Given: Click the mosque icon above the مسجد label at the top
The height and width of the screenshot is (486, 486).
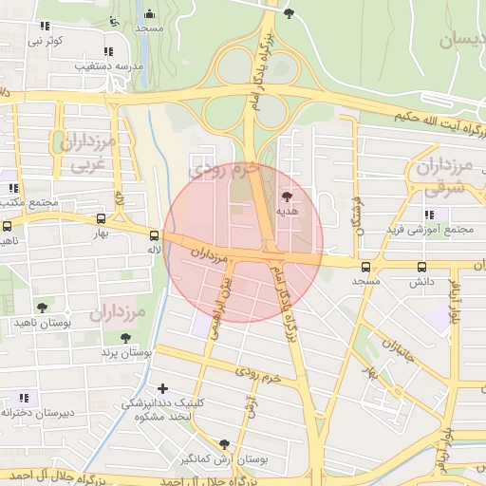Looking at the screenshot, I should point(149,14).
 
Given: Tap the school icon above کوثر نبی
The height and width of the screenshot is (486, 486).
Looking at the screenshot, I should point(45,27).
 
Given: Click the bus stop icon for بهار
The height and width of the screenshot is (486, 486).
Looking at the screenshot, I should point(101,217).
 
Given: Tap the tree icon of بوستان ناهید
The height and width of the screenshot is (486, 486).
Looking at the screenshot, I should point(42,307).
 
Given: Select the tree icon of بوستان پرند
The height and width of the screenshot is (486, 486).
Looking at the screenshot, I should point(125,337).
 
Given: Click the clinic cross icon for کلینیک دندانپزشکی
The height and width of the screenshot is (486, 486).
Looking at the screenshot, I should point(163,388).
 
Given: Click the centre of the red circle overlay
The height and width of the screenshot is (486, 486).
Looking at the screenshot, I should point(243,243).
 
